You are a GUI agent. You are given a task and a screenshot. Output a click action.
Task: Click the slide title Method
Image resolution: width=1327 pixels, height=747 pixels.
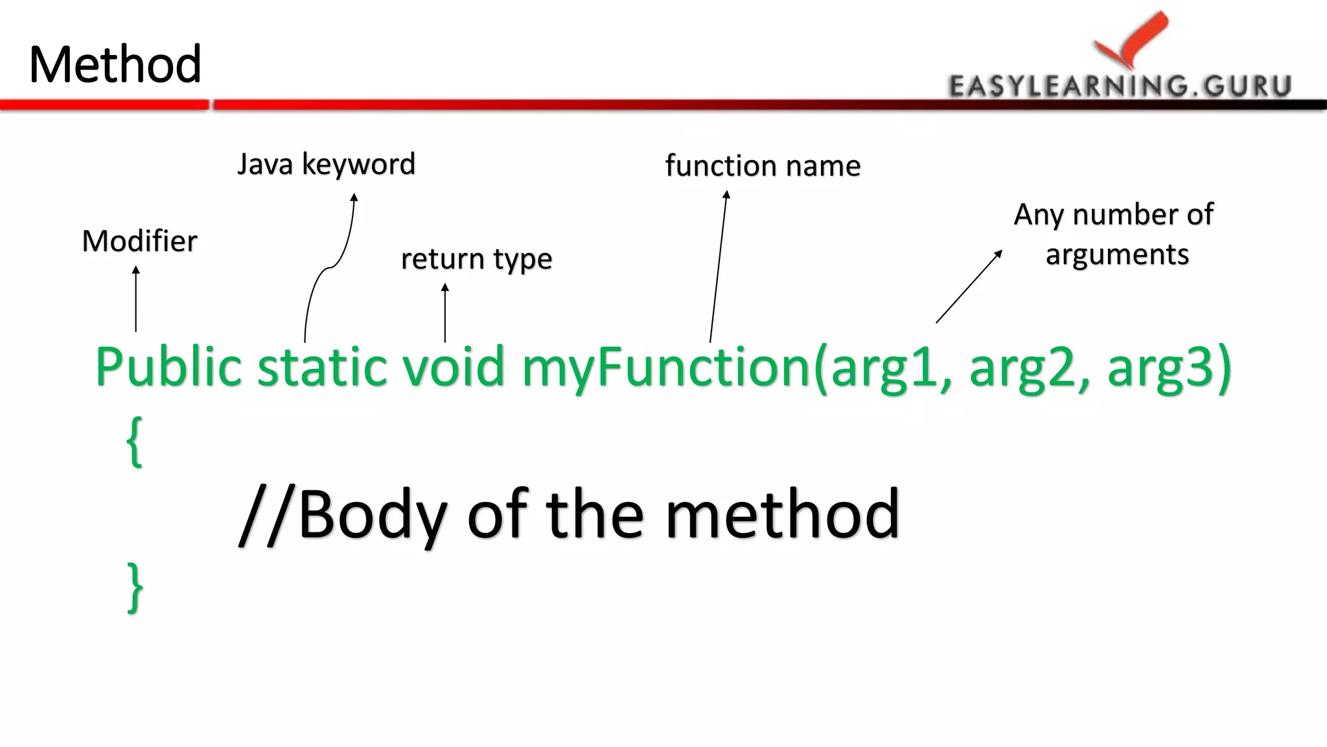coord(115,65)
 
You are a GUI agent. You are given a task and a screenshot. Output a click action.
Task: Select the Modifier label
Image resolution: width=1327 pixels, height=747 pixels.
coord(139,241)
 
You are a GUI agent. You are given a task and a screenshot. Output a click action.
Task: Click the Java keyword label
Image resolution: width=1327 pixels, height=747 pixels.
coord(326,164)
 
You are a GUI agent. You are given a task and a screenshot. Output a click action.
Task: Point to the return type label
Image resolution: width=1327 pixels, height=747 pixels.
coord(476,259)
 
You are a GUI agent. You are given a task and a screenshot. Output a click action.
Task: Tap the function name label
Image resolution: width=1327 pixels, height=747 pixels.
coord(763,166)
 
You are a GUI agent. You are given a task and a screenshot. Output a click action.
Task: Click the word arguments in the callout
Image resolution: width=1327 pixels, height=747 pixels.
coord(1117,254)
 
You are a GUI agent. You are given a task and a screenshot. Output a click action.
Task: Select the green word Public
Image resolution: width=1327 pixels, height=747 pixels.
coord(168,367)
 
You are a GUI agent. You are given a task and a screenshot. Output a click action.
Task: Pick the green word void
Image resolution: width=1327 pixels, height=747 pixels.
coord(453,367)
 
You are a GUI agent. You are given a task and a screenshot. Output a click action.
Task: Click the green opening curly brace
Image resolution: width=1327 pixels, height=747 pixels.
coord(134,442)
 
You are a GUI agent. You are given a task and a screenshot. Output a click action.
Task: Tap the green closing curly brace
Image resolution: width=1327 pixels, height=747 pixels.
coord(134,587)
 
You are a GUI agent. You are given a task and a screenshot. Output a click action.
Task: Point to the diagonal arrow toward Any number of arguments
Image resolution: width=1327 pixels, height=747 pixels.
coord(969,287)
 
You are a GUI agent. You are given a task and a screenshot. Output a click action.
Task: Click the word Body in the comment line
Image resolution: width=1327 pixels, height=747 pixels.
coord(373,514)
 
